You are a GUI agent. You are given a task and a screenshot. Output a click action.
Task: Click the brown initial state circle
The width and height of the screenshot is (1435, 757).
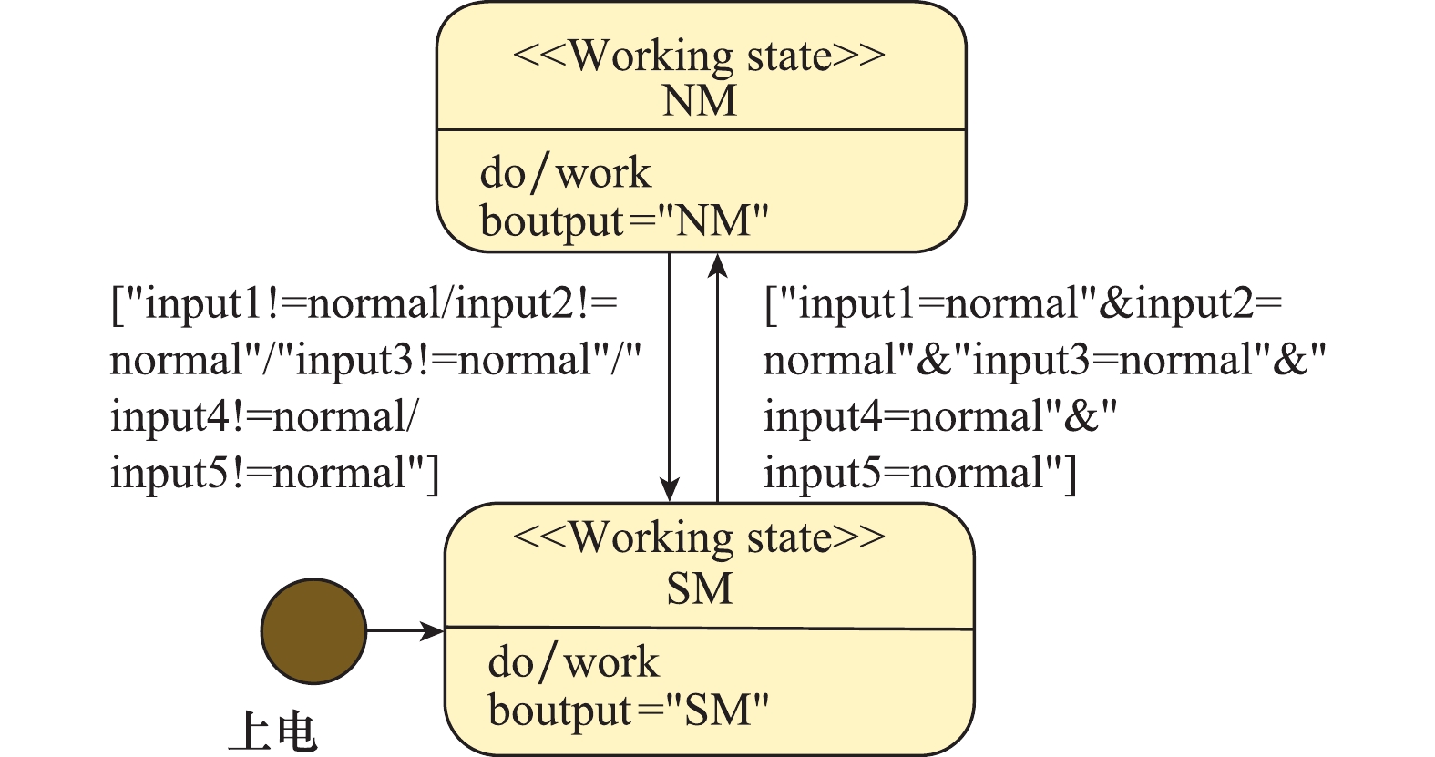[x=313, y=630]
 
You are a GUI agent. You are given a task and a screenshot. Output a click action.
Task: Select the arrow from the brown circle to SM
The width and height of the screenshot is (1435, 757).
[x=405, y=630]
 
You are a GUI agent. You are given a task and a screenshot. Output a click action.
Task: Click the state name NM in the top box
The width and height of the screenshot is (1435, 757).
[x=700, y=99]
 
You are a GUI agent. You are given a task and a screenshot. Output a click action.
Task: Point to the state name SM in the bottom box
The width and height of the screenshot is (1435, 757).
[x=700, y=588]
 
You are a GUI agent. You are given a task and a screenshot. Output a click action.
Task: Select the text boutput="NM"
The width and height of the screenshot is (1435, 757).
[x=625, y=220]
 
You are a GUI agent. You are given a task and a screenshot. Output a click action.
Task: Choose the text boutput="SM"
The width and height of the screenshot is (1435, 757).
[x=629, y=711]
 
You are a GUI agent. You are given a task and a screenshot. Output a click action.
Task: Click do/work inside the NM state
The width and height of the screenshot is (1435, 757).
[x=566, y=172]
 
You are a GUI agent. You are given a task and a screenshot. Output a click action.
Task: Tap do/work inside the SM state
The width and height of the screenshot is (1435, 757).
[x=573, y=662]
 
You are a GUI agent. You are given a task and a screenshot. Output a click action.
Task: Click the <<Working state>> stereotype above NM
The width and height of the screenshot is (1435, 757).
[x=699, y=56]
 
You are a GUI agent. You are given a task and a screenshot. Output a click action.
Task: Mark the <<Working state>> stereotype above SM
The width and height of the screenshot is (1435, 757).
[x=699, y=537]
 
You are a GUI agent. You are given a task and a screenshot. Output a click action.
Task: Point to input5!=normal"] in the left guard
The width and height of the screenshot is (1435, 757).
[x=274, y=474]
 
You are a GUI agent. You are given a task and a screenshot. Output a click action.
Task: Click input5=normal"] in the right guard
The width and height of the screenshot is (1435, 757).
[x=920, y=474]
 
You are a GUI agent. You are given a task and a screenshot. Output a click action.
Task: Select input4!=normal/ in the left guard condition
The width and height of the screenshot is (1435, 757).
[x=264, y=417]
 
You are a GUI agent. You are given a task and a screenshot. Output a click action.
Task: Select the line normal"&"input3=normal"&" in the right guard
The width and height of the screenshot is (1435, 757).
[x=1044, y=361]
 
